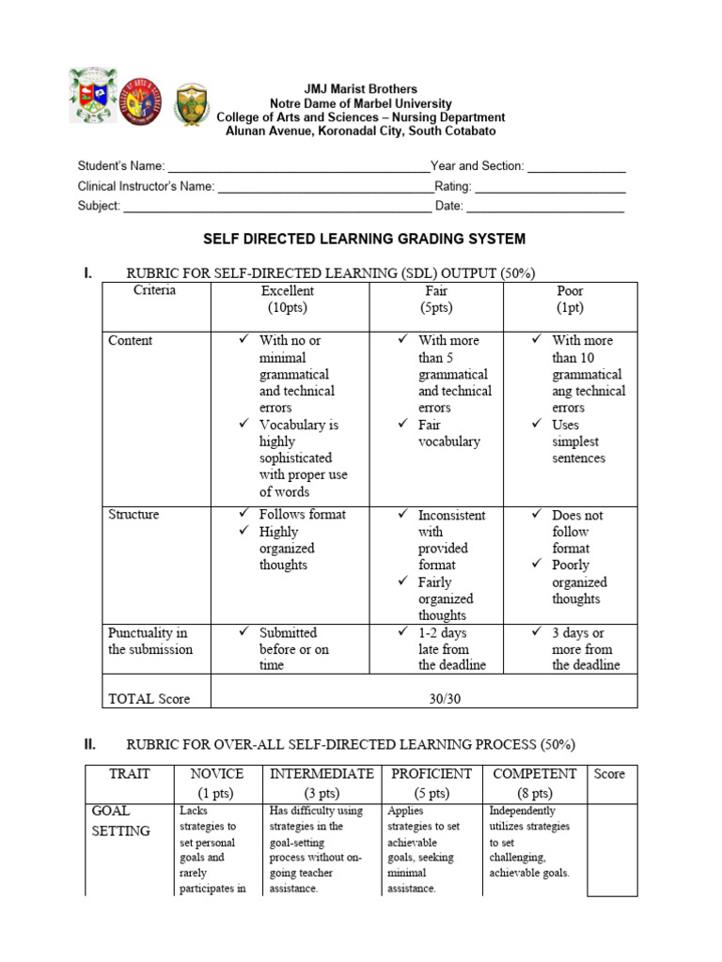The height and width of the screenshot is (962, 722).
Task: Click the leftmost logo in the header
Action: pos(93,95)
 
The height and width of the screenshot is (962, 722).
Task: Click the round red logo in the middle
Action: pos(143,100)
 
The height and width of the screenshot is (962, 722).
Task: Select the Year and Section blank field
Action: pos(576,167)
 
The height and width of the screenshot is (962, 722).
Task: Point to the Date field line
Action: pos(545,208)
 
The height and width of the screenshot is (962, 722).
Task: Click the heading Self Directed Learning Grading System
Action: pos(365,240)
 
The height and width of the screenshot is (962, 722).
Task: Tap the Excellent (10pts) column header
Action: pos(288,300)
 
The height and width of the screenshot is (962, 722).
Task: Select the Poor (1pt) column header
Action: pos(570,300)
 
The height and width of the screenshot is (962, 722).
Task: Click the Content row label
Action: pos(130,340)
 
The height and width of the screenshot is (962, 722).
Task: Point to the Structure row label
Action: pos(133,515)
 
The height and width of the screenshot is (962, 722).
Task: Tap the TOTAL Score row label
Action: pos(149,698)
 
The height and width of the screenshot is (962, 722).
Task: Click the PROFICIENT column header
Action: pos(431,783)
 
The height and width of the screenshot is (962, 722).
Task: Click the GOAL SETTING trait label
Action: pos(120,820)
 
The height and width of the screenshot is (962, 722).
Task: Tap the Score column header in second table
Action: pos(609,774)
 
